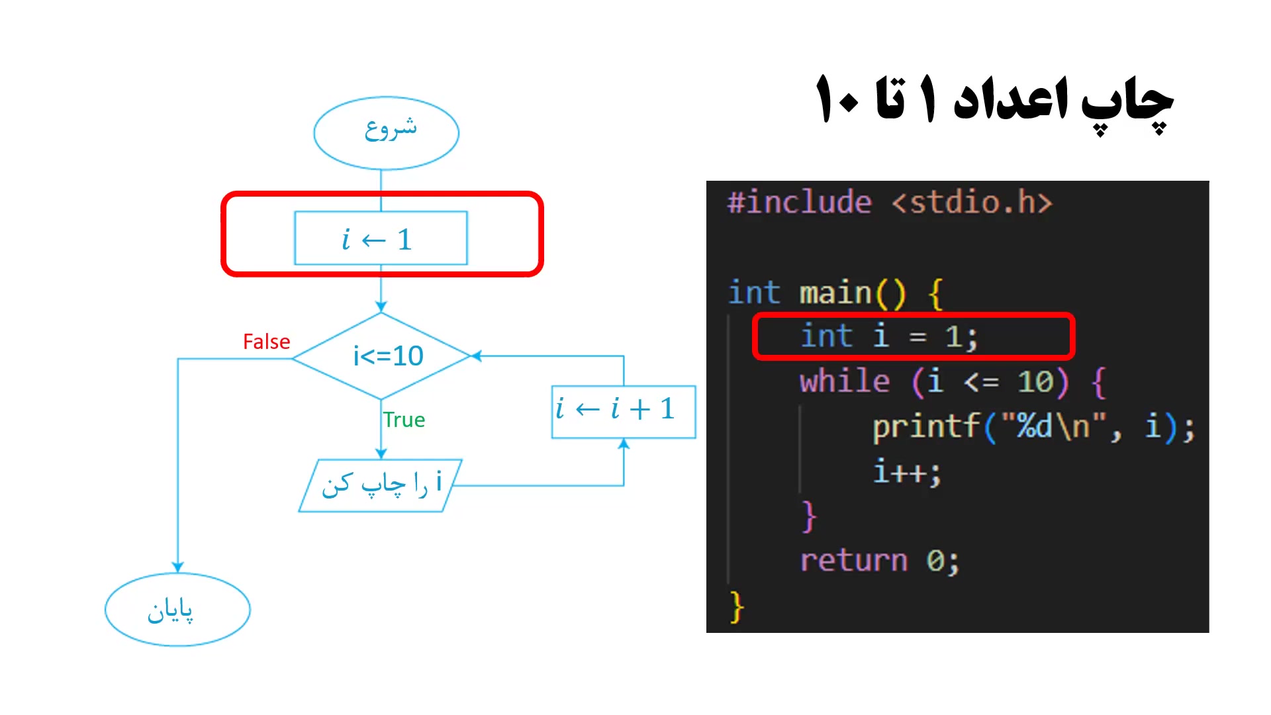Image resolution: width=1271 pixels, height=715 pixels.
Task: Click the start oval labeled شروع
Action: (x=387, y=132)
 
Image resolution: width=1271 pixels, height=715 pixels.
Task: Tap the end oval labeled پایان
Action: (x=177, y=610)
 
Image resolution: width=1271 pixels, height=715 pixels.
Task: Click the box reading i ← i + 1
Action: (x=623, y=411)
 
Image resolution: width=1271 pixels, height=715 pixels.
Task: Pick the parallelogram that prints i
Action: (x=381, y=485)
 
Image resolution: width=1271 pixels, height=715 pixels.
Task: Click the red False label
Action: (x=266, y=342)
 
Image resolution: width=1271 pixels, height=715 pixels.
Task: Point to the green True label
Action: (x=404, y=420)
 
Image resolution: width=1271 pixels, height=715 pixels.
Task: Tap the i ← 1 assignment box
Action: (x=381, y=238)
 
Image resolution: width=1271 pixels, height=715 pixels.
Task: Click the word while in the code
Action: (x=845, y=382)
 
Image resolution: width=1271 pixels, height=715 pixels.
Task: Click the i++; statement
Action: (x=906, y=472)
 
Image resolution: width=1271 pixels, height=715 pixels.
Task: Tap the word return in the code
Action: (x=853, y=561)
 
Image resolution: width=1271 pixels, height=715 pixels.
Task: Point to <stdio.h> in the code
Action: (x=972, y=203)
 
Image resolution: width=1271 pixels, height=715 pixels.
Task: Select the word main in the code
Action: (x=835, y=293)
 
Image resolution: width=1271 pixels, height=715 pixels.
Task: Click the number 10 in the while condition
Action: (x=1035, y=382)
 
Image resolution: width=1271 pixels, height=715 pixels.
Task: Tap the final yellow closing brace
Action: (x=737, y=606)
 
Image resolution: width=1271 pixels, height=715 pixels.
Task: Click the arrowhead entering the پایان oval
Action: (x=177, y=567)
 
